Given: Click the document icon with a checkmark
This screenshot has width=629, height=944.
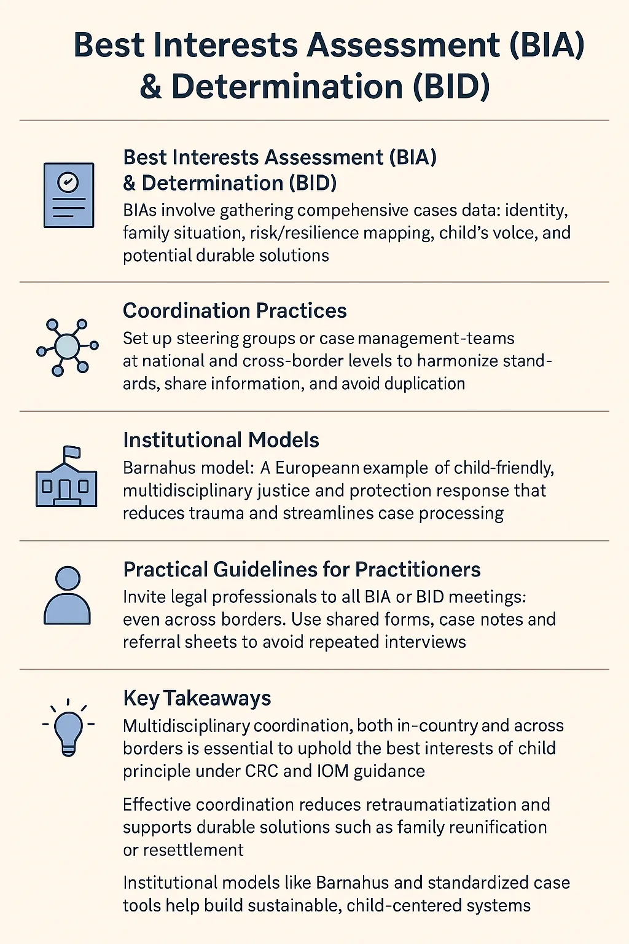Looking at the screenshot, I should pos(69,195).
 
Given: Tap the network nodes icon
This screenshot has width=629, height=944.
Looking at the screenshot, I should pos(67,347).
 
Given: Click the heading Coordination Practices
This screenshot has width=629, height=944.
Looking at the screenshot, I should pos(235,311).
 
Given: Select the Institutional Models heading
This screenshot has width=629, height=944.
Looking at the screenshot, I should pos(221,440).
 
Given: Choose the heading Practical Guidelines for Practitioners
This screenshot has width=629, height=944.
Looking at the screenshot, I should pos(302,570).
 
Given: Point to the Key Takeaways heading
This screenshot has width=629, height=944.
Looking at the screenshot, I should pos(197,699).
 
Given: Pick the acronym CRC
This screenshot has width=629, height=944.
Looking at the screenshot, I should pos(262,771).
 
